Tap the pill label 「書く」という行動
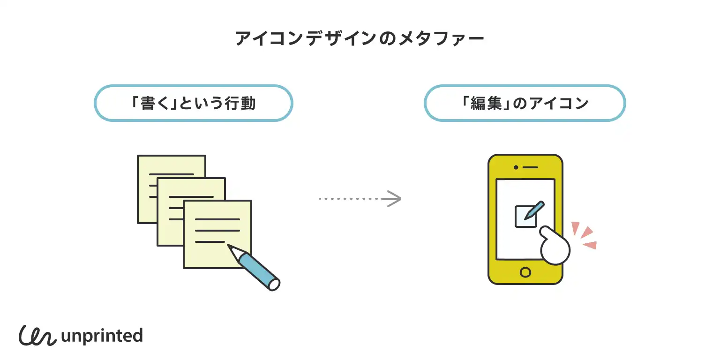click(x=194, y=103)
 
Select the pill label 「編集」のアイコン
click(x=525, y=103)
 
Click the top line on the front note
click(x=217, y=219)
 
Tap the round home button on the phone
click(x=525, y=272)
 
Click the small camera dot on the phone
click(x=516, y=167)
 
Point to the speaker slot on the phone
click(x=530, y=167)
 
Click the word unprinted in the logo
click(x=102, y=336)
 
